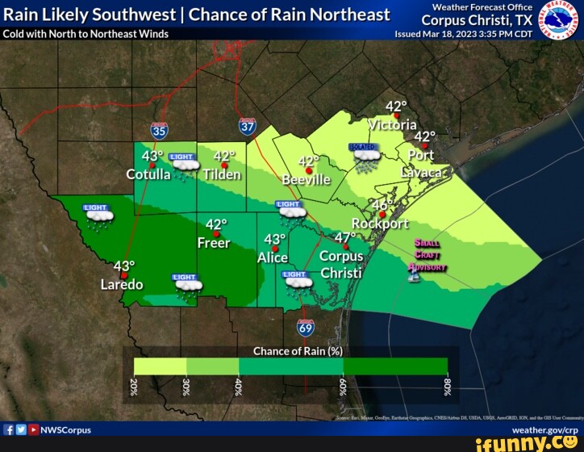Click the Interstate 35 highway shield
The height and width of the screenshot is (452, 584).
tap(159, 132)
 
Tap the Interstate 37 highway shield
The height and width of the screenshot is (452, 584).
tap(248, 126)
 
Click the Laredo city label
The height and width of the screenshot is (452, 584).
tap(122, 284)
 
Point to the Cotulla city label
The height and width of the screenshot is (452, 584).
tap(148, 174)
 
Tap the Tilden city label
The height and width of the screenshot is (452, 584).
tap(222, 174)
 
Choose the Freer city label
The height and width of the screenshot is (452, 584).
tap(214, 243)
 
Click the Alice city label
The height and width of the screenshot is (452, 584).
tap(273, 258)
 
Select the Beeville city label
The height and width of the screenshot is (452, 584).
tap(307, 179)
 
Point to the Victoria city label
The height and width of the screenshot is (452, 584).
tap(393, 125)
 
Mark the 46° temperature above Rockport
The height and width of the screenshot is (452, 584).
tap(382, 204)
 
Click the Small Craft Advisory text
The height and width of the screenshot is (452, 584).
tap(426, 254)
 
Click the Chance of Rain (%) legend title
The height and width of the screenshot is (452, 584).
tap(298, 351)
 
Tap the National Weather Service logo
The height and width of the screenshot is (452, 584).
tap(557, 19)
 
